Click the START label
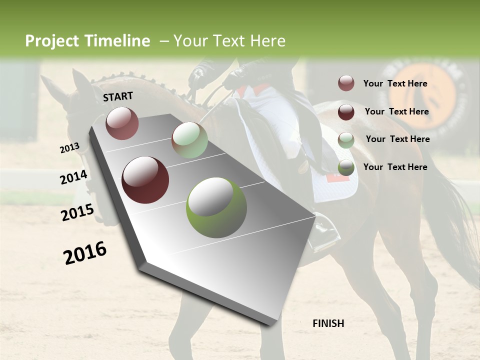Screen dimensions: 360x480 118,96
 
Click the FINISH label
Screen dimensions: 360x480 328,323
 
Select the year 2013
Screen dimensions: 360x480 69,148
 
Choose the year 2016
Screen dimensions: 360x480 85,252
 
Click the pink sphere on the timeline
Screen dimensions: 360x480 122,123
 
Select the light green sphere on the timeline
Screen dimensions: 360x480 189,140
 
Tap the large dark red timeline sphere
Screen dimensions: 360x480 145,180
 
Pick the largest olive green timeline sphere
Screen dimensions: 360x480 216,207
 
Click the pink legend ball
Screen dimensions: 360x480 346,83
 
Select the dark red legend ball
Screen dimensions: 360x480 346,112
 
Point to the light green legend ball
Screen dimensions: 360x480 346,140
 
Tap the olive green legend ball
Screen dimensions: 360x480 346,168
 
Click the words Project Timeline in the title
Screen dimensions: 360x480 87,41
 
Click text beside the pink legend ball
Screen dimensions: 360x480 395,83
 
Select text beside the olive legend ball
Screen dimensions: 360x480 395,167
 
